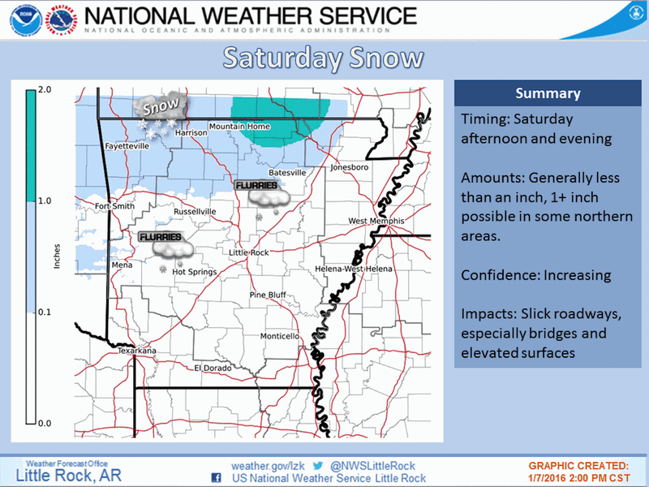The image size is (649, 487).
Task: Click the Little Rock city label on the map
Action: pos(248,253)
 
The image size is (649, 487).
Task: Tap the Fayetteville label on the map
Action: pos(127,147)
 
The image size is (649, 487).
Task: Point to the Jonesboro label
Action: pos(350,167)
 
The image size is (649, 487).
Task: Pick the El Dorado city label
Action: pos(213,368)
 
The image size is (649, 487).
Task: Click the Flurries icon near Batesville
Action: pos(261,192)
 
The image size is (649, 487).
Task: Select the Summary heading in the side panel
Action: pos(548,93)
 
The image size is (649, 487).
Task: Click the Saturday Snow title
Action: pos(323,58)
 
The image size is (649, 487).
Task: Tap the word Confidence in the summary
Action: pos(497,275)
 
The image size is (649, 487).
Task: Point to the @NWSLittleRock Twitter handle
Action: pos(372,466)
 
